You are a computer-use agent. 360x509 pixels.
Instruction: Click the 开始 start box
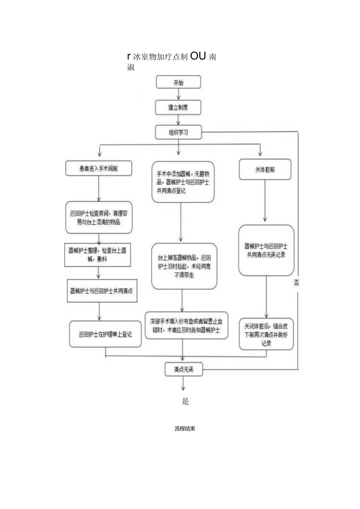[178, 82]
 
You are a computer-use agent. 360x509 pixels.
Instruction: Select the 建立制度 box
[178, 108]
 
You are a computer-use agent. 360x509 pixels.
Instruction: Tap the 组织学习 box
[178, 132]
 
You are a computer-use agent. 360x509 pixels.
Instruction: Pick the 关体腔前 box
[265, 169]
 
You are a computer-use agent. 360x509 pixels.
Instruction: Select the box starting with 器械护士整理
[98, 255]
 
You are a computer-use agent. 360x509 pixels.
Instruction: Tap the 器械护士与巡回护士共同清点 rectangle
[103, 291]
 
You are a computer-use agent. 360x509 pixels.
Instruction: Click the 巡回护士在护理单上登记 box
[105, 334]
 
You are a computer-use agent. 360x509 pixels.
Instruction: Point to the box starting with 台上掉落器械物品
[184, 266]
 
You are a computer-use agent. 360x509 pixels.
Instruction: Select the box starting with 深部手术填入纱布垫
[186, 325]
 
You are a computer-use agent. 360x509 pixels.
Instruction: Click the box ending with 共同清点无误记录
[266, 250]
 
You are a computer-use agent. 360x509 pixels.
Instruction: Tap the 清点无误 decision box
[184, 369]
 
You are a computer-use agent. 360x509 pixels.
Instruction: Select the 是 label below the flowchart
[185, 401]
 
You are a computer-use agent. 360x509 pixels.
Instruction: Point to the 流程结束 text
[185, 428]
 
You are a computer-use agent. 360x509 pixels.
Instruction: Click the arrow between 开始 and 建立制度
[179, 95]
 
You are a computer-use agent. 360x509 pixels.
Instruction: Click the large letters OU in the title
[198, 56]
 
